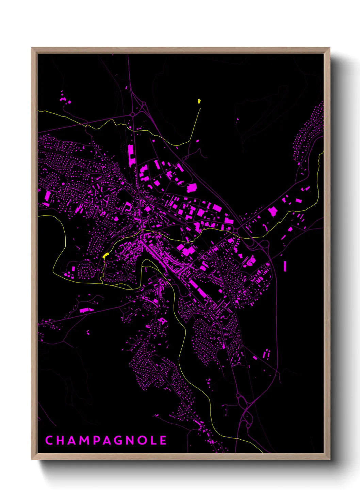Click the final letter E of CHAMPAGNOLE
163,440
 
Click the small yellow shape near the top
199,101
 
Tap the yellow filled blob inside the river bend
105,255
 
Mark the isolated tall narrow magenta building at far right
285,266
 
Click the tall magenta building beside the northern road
131,155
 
